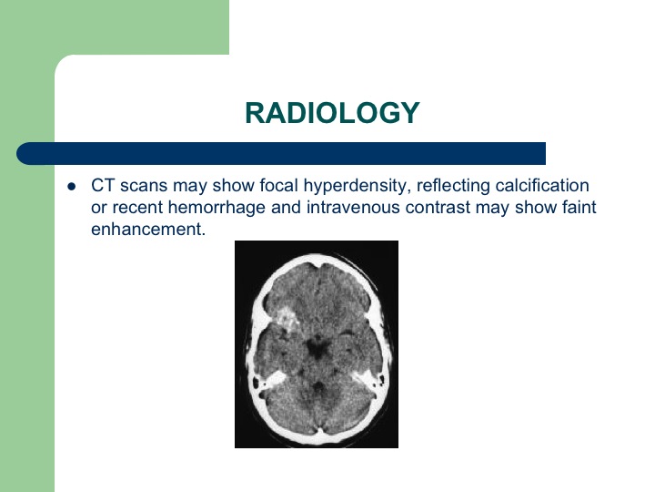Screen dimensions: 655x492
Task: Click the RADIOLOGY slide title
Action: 332,113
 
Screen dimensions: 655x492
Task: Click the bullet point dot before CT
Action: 72,186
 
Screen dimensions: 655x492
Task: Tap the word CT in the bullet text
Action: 103,185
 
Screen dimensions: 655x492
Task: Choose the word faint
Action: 579,207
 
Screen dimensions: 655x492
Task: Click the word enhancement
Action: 148,230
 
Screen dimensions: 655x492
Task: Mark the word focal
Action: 278,185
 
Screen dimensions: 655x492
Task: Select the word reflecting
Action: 453,186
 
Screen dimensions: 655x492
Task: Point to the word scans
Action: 144,186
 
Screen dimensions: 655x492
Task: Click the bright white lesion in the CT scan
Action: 287,319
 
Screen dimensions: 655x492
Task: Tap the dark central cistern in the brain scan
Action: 317,348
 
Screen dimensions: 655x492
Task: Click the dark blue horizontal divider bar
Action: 281,154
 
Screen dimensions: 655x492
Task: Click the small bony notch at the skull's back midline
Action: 319,430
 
